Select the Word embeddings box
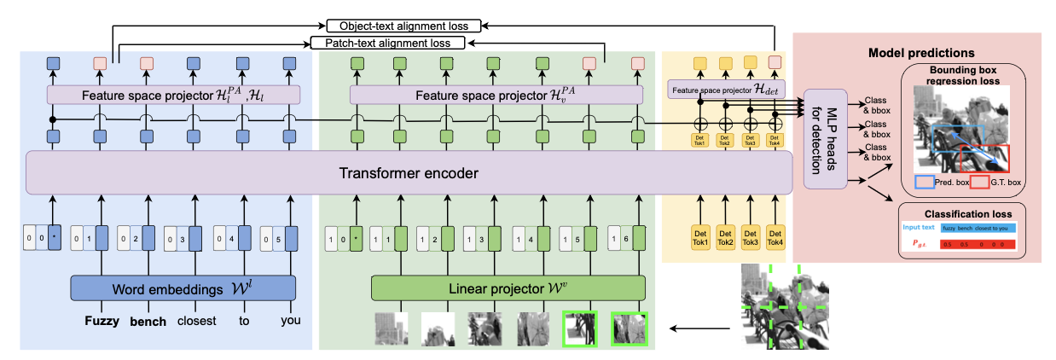(x=183, y=287)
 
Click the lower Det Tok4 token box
(x=775, y=237)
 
